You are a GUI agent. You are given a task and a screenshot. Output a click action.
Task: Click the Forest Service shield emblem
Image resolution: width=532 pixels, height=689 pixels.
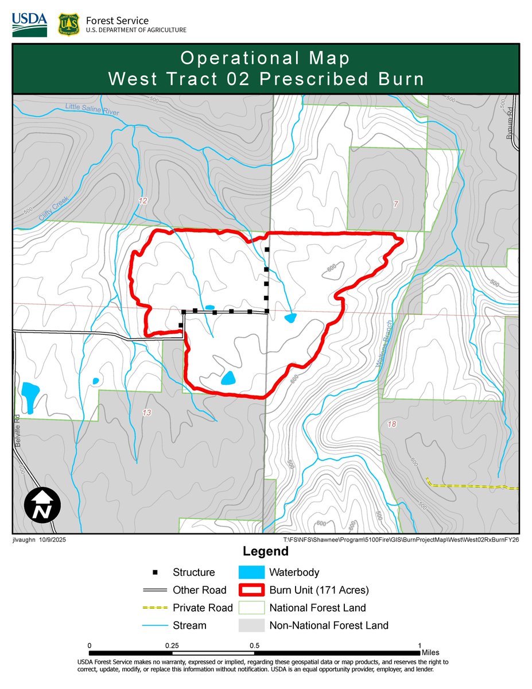click(68, 24)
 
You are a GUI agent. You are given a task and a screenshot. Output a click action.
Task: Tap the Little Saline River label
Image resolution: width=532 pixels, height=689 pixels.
click(92, 110)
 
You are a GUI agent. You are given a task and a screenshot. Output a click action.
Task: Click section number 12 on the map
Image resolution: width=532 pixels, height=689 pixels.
click(143, 201)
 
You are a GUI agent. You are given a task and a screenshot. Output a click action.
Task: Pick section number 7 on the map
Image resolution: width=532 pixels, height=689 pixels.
click(395, 205)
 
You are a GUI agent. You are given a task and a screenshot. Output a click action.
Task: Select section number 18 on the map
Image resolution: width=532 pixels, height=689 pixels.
click(393, 424)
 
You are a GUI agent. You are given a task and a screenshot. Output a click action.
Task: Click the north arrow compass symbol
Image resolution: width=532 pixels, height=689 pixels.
click(42, 505)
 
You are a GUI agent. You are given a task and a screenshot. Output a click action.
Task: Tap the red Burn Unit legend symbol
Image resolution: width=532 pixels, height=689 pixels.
click(251, 590)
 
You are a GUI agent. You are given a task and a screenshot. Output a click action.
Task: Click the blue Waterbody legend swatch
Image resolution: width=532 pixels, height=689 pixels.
click(251, 572)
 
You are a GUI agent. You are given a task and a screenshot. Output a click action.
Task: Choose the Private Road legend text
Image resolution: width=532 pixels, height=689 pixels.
click(203, 607)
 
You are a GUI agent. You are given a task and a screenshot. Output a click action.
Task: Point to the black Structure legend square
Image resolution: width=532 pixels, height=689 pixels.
click(154, 572)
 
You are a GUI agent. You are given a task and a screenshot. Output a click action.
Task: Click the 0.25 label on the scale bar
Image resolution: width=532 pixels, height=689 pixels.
click(172, 645)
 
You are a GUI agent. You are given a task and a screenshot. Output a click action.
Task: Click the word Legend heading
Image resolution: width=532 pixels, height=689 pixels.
click(265, 552)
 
